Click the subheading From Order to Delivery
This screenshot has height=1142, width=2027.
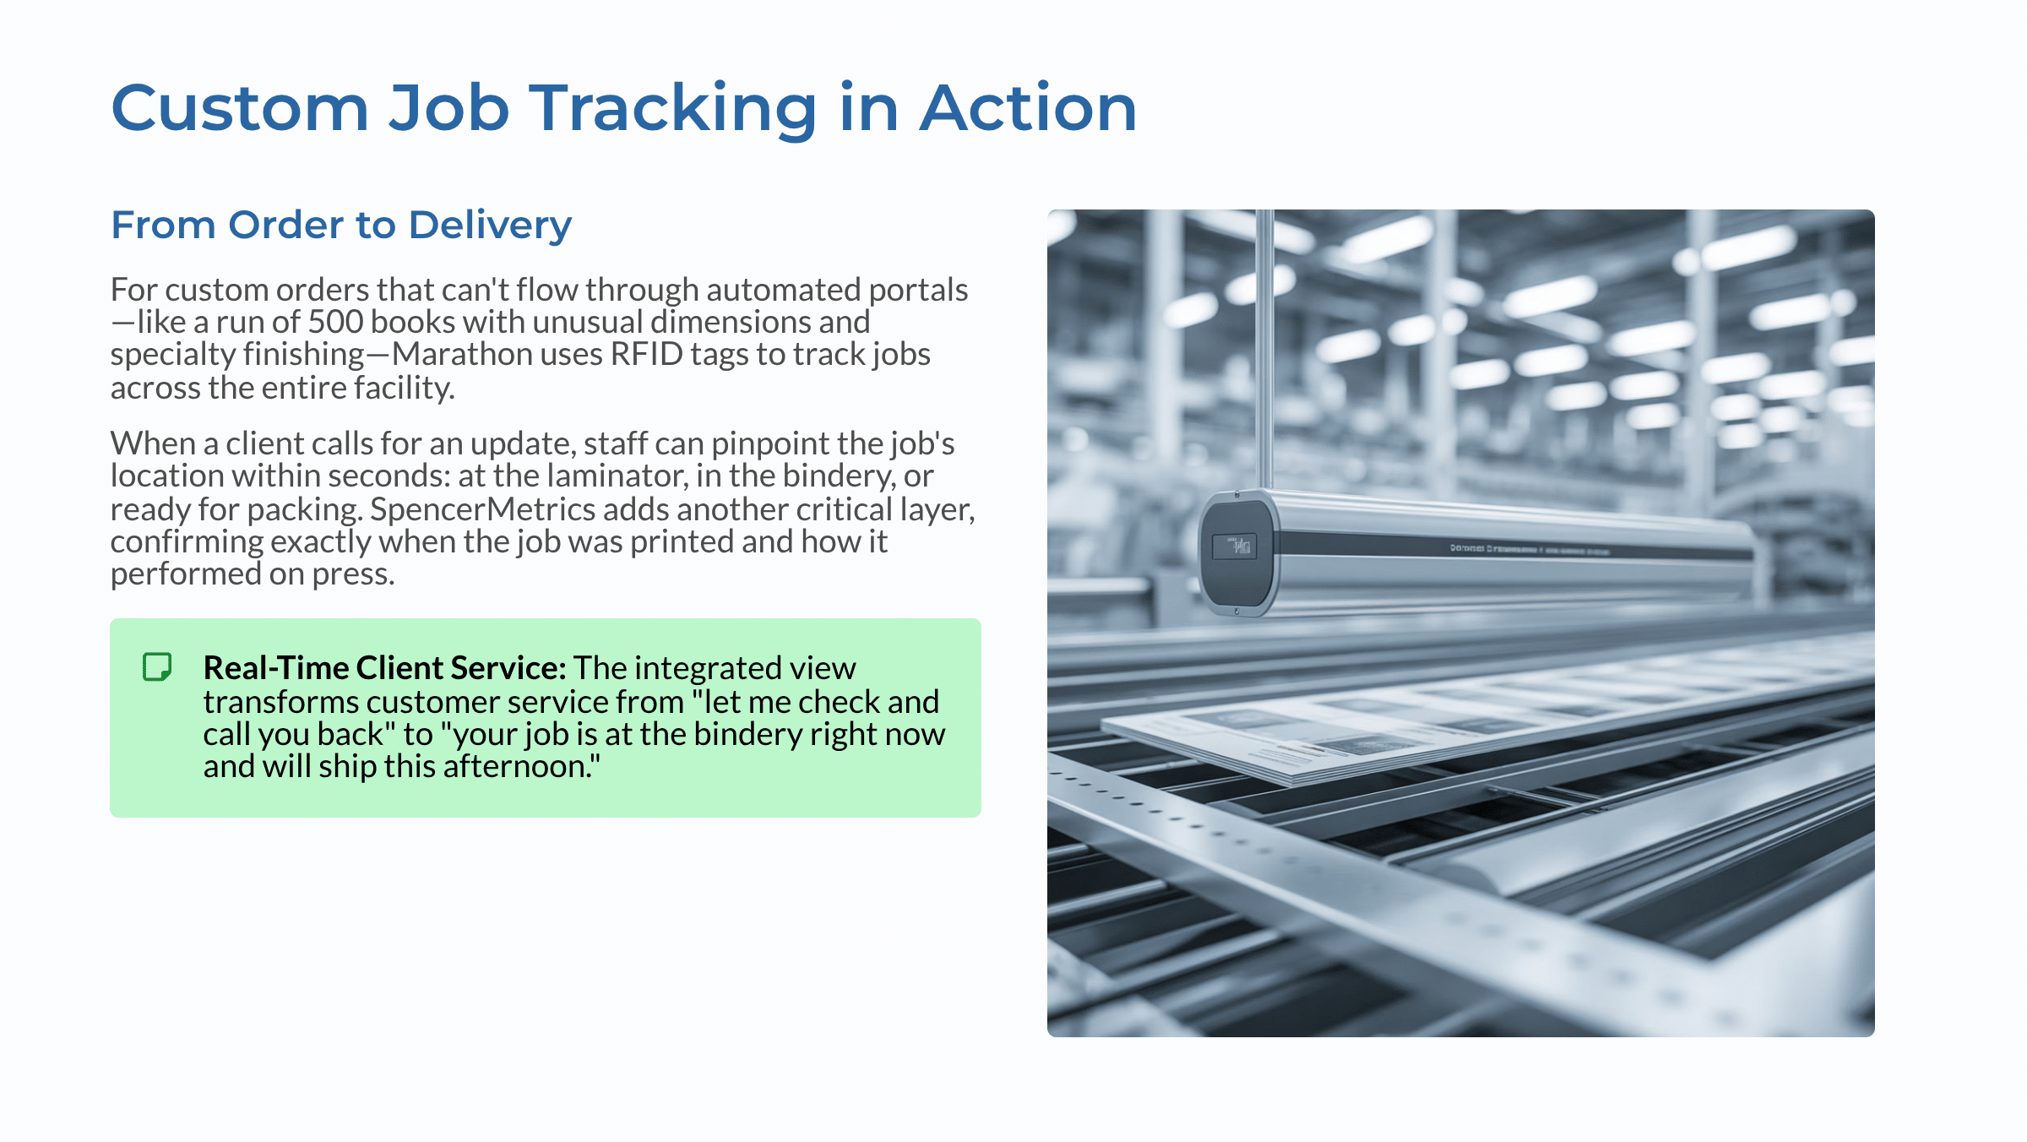341,225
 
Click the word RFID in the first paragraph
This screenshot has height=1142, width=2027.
646,355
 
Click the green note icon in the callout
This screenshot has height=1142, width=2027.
157,666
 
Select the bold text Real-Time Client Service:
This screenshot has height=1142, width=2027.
384,668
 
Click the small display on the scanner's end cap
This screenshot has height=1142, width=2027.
1235,546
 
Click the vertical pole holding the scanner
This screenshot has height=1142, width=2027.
1264,346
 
